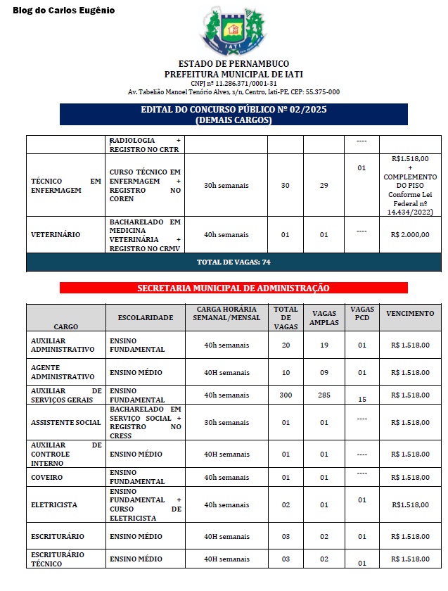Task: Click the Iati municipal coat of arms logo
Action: [233, 32]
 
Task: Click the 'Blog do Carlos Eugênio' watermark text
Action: [63, 11]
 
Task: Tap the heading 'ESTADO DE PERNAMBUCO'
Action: [233, 64]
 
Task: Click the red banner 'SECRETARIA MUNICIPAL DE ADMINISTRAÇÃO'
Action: [233, 288]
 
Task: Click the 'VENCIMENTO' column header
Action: [410, 314]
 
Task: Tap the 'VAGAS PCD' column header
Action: [362, 314]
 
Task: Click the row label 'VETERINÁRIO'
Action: [56, 234]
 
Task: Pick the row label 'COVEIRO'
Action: [47, 478]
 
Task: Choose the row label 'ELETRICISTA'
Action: [54, 505]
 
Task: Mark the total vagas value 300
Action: [286, 395]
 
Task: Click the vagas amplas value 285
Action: [324, 395]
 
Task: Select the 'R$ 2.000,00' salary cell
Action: [410, 234]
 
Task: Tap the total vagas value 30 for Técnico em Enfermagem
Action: [286, 186]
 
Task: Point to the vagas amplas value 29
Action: [324, 186]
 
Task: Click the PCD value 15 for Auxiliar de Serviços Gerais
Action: [362, 399]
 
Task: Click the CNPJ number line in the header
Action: [233, 83]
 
